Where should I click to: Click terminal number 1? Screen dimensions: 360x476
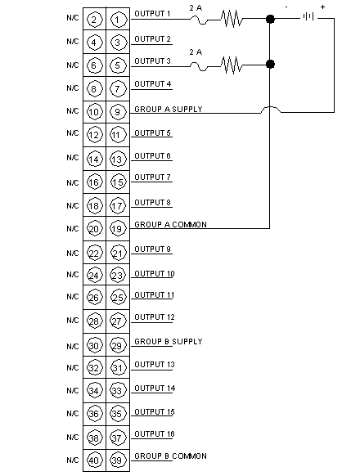(118, 20)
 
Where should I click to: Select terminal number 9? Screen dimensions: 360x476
(118, 112)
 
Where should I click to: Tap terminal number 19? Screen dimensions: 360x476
(118, 228)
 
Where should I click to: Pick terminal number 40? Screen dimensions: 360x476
(94, 460)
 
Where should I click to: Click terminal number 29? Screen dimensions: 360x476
(118, 345)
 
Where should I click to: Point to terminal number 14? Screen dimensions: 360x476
(94, 159)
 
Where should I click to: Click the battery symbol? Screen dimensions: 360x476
(308, 16)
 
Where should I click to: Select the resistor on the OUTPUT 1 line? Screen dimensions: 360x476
(232, 18)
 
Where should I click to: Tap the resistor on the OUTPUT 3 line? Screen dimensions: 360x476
(232, 65)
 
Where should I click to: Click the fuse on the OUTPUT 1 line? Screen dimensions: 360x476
(199, 20)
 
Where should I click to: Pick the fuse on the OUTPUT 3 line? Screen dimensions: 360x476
(199, 66)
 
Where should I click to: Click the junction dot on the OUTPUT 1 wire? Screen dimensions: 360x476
(270, 19)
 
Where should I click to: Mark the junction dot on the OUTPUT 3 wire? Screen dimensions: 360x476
(270, 65)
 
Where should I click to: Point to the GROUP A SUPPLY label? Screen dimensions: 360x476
(169, 109)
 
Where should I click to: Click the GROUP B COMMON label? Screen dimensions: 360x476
(170, 456)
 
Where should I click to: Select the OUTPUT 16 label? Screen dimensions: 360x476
(155, 433)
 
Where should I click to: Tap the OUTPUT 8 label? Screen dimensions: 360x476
(152, 203)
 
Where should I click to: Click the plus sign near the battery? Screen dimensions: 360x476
(322, 7)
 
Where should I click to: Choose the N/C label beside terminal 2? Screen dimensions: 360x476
(73, 18)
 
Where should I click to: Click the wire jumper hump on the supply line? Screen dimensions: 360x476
(271, 110)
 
